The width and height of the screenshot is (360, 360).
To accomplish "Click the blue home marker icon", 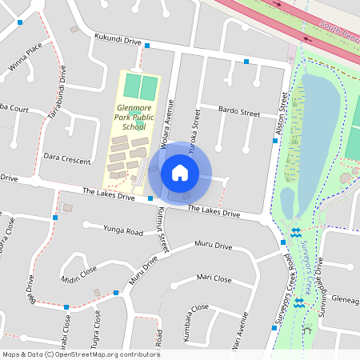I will (x=180, y=172).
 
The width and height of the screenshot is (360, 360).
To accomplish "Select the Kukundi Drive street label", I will (x=118, y=39).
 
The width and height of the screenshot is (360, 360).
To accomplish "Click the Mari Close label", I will (x=214, y=279).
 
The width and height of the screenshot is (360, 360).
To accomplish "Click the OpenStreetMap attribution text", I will (x=81, y=354).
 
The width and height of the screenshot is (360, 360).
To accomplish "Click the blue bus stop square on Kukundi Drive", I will (x=147, y=46).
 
